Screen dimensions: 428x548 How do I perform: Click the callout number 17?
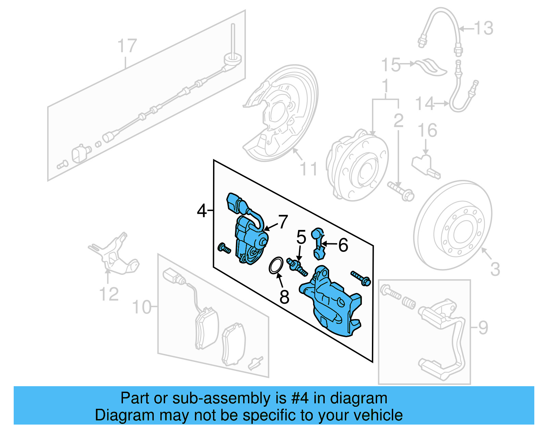click(127, 46)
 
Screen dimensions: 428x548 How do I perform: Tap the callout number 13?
click(484, 28)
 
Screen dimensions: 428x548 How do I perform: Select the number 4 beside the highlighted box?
click(202, 210)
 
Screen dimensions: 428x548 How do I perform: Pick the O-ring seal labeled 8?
click(276, 265)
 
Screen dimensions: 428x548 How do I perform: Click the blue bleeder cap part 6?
click(319, 243)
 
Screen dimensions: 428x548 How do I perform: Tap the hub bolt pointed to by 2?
click(401, 191)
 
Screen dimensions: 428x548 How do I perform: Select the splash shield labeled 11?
click(281, 113)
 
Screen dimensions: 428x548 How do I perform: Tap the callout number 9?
click(483, 328)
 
